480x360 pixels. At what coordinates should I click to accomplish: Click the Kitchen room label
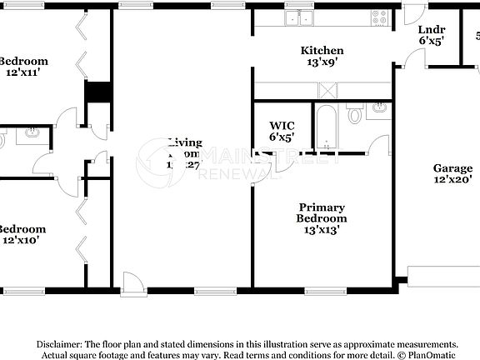point(322,51)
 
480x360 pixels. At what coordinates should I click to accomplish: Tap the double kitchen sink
point(297,17)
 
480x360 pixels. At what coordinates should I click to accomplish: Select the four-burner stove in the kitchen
point(380,17)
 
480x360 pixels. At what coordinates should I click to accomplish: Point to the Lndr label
point(431,28)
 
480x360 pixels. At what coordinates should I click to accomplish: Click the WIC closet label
point(282,125)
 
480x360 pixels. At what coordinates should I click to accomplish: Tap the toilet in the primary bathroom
point(355,114)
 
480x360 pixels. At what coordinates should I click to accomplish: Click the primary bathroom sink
point(379,108)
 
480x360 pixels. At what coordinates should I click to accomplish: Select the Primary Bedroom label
point(322,212)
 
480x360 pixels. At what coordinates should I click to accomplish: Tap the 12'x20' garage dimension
point(452,179)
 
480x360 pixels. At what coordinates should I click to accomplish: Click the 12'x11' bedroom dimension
point(22,73)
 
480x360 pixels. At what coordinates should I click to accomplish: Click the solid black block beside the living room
point(98,92)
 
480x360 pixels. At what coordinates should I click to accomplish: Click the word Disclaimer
point(57,344)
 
